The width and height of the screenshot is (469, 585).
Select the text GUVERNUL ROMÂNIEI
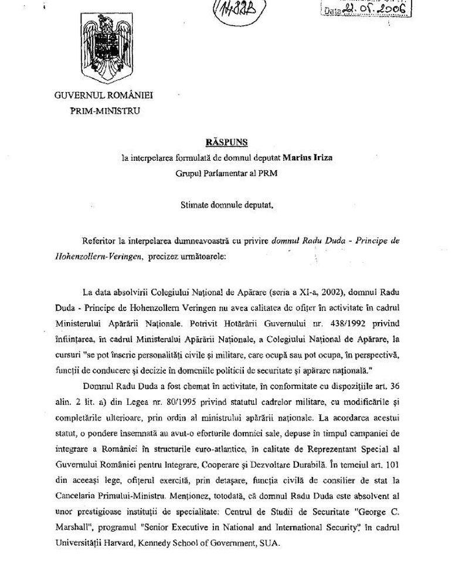point(108,96)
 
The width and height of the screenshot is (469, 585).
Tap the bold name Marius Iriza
point(308,157)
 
